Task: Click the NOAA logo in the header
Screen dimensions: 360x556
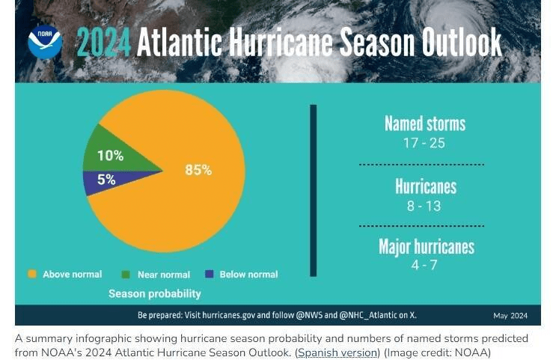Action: coord(45,42)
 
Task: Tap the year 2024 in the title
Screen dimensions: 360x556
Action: coord(103,43)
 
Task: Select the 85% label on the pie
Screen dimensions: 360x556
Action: coord(198,171)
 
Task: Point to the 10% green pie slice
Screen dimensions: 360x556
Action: coord(112,156)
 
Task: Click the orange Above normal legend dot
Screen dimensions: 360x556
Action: coord(31,275)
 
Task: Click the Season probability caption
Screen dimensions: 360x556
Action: coord(154,294)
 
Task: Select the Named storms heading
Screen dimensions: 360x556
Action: coord(424,123)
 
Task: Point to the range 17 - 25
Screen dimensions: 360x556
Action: coord(424,142)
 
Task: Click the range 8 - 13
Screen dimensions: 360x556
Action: coord(424,206)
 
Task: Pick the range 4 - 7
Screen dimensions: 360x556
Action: coord(424,266)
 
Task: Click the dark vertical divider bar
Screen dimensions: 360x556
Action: coord(313,190)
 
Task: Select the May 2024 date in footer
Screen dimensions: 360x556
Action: coord(510,316)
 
